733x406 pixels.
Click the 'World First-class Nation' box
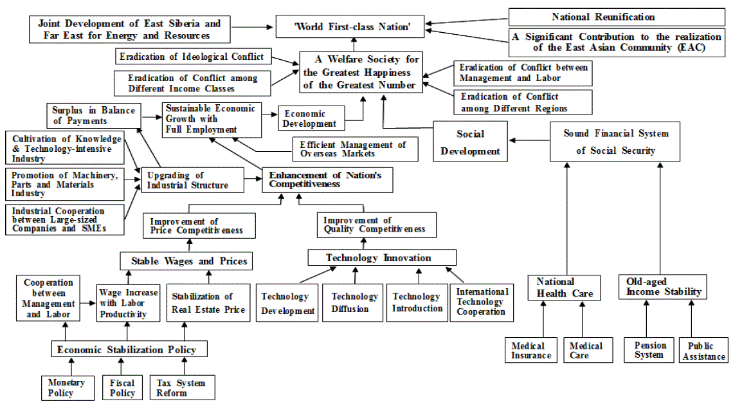[350, 27]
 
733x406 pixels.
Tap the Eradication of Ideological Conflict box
[192, 57]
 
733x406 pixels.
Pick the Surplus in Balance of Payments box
[94, 115]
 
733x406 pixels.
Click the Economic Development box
[311, 118]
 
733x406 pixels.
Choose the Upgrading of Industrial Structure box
[193, 180]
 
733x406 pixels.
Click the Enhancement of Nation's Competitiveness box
[327, 180]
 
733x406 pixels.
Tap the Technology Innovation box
[382, 257]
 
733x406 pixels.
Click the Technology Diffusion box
[354, 302]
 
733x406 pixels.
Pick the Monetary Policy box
[66, 387]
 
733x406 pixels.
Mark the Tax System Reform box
[181, 387]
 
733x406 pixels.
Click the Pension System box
[649, 350]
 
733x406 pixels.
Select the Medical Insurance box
[531, 351]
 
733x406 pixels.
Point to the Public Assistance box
[704, 351]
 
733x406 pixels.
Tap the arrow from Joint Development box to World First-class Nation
[251, 27]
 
